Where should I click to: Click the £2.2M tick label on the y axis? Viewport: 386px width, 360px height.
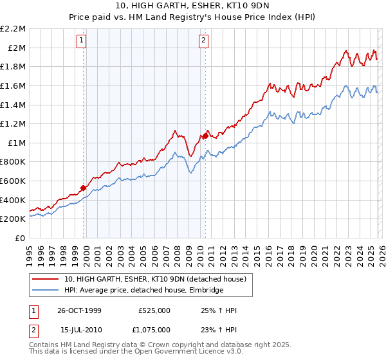pos(13,29)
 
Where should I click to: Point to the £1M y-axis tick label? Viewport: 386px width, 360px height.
pos(15,143)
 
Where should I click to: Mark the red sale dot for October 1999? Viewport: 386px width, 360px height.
pos(84,188)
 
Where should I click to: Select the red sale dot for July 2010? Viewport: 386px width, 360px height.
pos(205,136)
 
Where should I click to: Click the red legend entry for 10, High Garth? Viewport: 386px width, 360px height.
pos(154,280)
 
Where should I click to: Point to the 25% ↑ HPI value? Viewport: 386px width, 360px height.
pos(219,310)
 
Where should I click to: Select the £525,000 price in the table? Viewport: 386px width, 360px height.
pos(154,310)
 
